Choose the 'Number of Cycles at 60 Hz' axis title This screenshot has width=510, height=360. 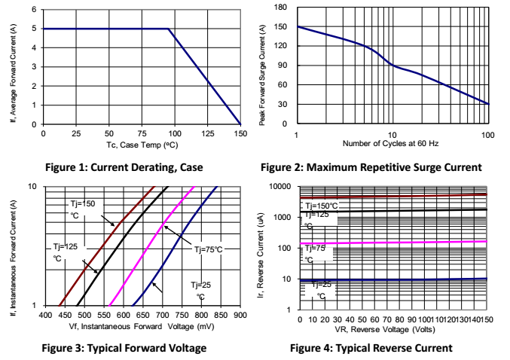[x=392, y=143]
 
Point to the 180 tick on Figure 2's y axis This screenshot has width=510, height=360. [x=282, y=8]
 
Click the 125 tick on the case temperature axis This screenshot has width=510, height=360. [x=208, y=133]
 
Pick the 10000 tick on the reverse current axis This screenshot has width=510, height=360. [x=279, y=187]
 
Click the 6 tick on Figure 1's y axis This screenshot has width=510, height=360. [x=34, y=10]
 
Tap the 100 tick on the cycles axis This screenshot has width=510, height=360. [x=487, y=133]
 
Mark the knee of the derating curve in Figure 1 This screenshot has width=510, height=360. [x=168, y=29]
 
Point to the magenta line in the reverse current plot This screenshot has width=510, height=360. [x=407, y=242]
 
